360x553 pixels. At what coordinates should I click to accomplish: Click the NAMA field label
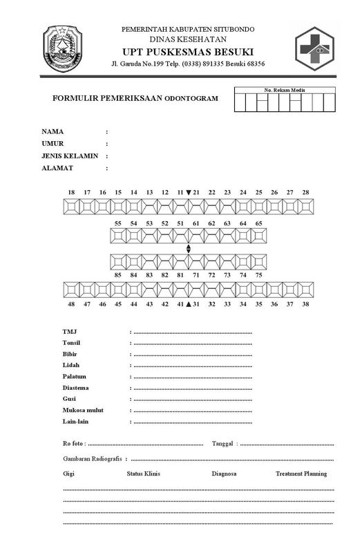pos(53,131)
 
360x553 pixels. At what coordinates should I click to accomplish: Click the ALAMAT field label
pos(57,168)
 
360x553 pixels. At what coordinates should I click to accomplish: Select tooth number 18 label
pos(71,192)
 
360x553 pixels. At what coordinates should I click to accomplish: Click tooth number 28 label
pos(305,192)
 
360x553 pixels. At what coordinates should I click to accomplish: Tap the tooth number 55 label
pos(117,224)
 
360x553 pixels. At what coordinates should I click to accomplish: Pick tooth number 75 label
pos(258,274)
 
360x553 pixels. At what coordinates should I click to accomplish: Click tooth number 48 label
pos(71,303)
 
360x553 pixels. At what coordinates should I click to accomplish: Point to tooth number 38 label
pos(305,303)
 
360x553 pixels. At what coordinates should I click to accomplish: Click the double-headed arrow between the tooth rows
pos(188,249)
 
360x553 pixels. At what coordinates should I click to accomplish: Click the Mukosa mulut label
pos(83,410)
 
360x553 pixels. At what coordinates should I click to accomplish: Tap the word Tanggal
pos(223,443)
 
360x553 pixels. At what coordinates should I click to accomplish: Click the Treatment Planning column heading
pos(301,474)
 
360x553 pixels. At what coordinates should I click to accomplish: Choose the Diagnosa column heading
pos(225,474)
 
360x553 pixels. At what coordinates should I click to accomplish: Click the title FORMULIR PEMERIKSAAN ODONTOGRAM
pos(135,99)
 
